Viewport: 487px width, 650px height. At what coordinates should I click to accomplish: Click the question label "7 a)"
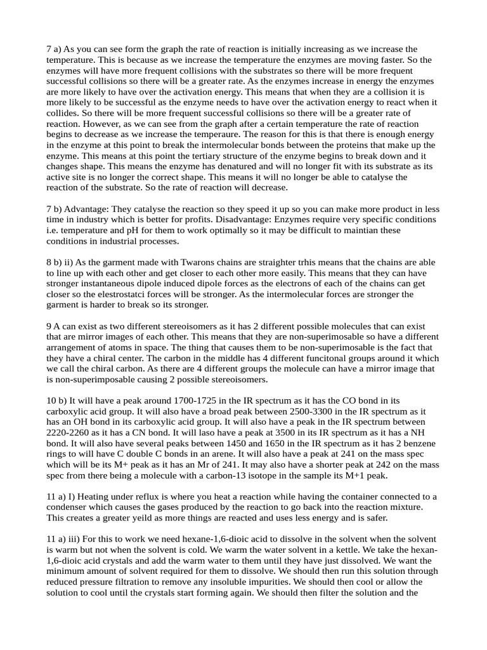(55, 50)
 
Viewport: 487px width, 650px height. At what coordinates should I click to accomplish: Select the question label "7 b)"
(56, 209)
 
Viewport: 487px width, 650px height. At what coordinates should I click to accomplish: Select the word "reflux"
(151, 496)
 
